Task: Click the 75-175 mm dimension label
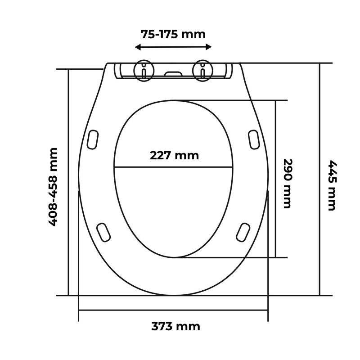point(173,35)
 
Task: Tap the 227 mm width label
point(174,155)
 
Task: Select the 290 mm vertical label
point(288,184)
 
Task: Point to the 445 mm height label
point(332,185)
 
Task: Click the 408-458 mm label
point(53,187)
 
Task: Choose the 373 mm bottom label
point(175,326)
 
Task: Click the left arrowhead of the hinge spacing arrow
point(138,47)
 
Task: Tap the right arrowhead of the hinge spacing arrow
point(208,47)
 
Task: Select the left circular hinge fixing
point(144,71)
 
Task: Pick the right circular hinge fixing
point(203,71)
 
